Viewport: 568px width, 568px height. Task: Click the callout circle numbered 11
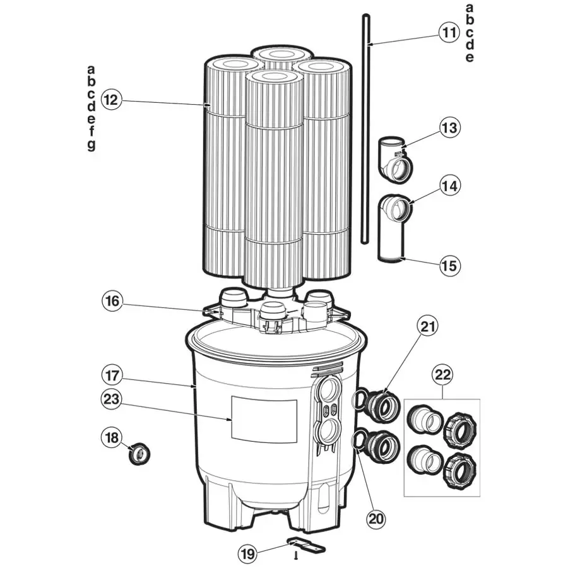pyautogui.click(x=449, y=33)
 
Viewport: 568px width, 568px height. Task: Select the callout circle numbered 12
pyautogui.click(x=112, y=99)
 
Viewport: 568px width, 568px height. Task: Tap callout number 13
pyautogui.click(x=450, y=127)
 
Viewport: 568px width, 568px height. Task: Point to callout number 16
pyautogui.click(x=112, y=301)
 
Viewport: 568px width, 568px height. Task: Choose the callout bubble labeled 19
pyautogui.click(x=248, y=553)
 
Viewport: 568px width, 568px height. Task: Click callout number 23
pyautogui.click(x=112, y=399)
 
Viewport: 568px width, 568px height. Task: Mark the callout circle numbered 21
pyautogui.click(x=428, y=326)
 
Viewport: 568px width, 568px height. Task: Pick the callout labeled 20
pyautogui.click(x=376, y=519)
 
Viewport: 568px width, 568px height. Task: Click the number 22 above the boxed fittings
pyautogui.click(x=442, y=374)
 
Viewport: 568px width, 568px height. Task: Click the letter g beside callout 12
pyautogui.click(x=92, y=145)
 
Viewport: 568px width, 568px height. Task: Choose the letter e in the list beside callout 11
pyautogui.click(x=470, y=57)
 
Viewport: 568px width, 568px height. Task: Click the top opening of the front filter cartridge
pyautogui.click(x=275, y=77)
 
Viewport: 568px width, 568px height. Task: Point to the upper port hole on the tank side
pyautogui.click(x=329, y=391)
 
